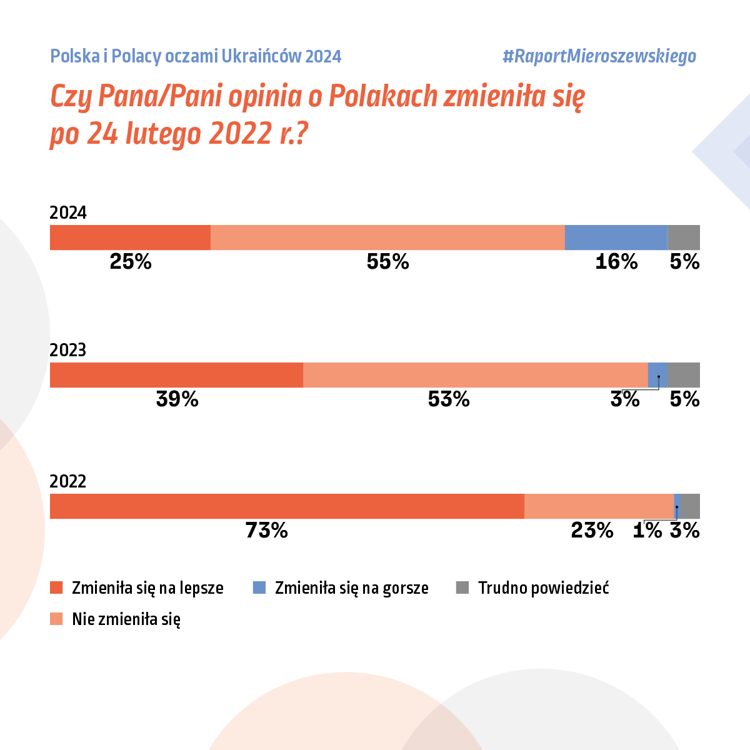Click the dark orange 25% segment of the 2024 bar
click(x=130, y=237)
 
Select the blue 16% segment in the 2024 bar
click(x=616, y=237)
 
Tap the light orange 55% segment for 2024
click(x=387, y=237)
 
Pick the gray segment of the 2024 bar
click(x=684, y=237)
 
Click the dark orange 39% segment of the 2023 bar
click(x=176, y=375)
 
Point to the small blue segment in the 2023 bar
click(x=657, y=375)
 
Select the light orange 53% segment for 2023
click(x=475, y=375)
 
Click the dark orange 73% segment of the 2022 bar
click(x=287, y=506)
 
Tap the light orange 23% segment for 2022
click(x=599, y=506)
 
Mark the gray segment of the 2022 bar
click(x=691, y=506)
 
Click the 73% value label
click(x=267, y=531)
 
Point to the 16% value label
click(x=616, y=262)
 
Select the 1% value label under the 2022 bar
click(x=647, y=531)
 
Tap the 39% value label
click(x=177, y=399)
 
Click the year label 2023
click(x=68, y=350)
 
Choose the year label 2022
click(x=68, y=481)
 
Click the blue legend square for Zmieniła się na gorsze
click(x=259, y=587)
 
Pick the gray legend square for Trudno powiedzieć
click(x=462, y=587)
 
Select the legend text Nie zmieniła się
click(x=126, y=619)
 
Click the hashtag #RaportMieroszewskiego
click(x=599, y=56)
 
